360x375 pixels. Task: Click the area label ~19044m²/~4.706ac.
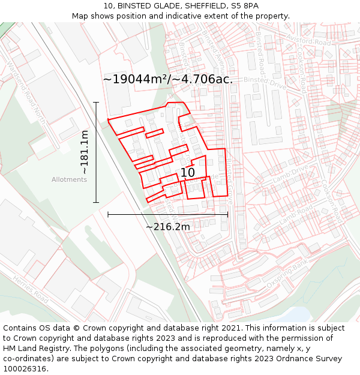(168, 79)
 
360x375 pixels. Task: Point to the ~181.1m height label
(85, 152)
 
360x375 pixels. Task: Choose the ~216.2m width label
(168, 226)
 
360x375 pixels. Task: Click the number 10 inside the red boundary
(188, 173)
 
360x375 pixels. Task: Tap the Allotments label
(69, 179)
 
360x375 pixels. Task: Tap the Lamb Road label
(296, 215)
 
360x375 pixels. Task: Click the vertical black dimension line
(96, 152)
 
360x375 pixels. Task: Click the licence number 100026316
(25, 369)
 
